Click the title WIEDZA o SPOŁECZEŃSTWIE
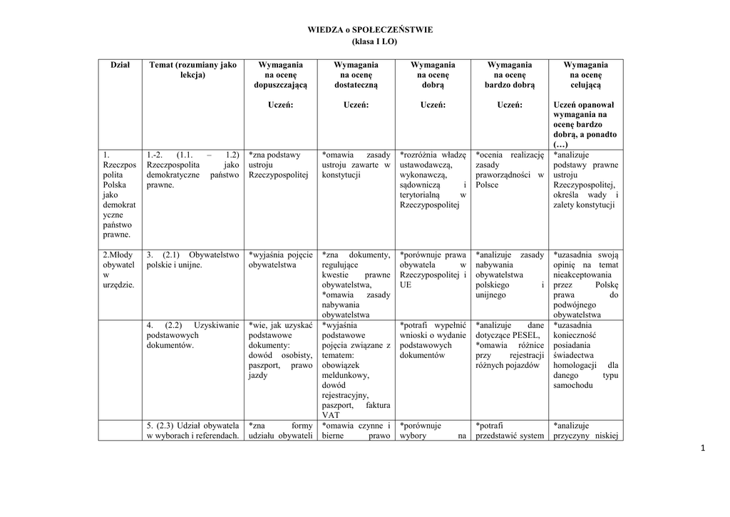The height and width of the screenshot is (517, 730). point(370,30)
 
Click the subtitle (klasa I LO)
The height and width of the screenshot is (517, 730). point(370,41)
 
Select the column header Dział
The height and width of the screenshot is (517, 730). point(120,65)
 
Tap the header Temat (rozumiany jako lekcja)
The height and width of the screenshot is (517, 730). point(192,70)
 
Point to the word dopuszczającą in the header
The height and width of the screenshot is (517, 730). point(280,85)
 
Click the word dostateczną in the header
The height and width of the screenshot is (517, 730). point(356,85)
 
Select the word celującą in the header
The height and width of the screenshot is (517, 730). point(585,85)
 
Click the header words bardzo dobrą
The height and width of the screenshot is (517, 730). point(510,85)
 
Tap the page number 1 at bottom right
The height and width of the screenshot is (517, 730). point(702,447)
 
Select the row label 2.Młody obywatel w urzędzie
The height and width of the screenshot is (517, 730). point(118,270)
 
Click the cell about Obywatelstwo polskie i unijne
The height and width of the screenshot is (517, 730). point(192,260)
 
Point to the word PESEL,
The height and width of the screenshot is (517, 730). point(526,335)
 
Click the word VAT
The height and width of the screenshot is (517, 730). point(331,415)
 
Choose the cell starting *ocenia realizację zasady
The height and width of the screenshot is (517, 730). point(510,170)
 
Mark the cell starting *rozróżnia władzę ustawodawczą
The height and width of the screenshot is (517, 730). point(433,180)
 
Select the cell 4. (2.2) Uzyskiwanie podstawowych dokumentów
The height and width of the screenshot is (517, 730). point(192,335)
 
